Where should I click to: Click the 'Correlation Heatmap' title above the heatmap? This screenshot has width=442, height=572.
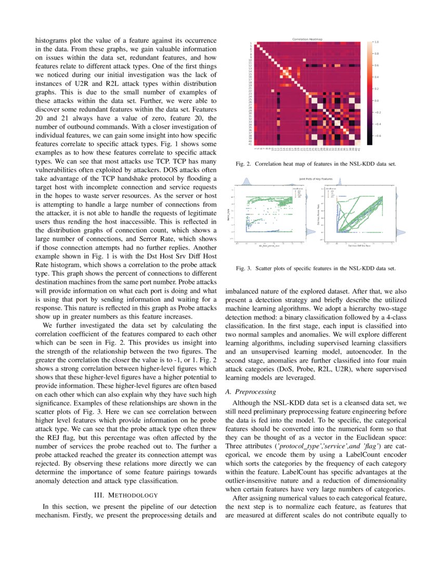point(307,39)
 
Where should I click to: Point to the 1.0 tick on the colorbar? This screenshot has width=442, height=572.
point(376,42)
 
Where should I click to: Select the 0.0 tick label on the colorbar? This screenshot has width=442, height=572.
point(376,101)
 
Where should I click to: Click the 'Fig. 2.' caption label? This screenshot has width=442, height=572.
point(244,164)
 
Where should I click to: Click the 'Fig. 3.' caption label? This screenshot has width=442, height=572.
point(244,268)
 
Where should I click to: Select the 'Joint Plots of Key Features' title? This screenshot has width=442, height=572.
point(315,178)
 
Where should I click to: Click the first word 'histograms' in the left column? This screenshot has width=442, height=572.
point(51,39)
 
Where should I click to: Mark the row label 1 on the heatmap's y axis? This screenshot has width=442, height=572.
point(251,43)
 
